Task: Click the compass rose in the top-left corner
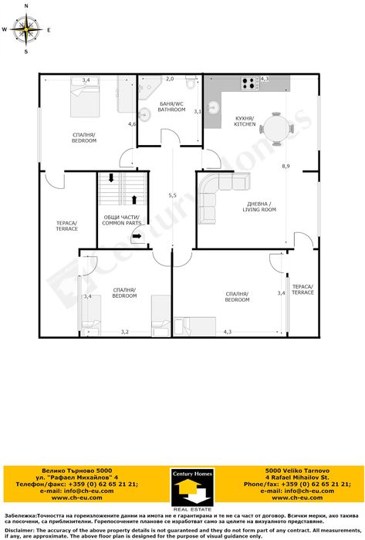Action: (26, 30)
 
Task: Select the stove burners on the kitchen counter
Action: (250, 83)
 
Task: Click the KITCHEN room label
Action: (245, 121)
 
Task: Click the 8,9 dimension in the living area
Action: (286, 166)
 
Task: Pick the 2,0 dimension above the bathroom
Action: (170, 79)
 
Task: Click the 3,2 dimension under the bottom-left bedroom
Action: (124, 332)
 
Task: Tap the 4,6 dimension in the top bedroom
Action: (132, 123)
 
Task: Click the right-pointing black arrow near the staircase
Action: (137, 238)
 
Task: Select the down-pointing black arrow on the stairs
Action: (111, 179)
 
